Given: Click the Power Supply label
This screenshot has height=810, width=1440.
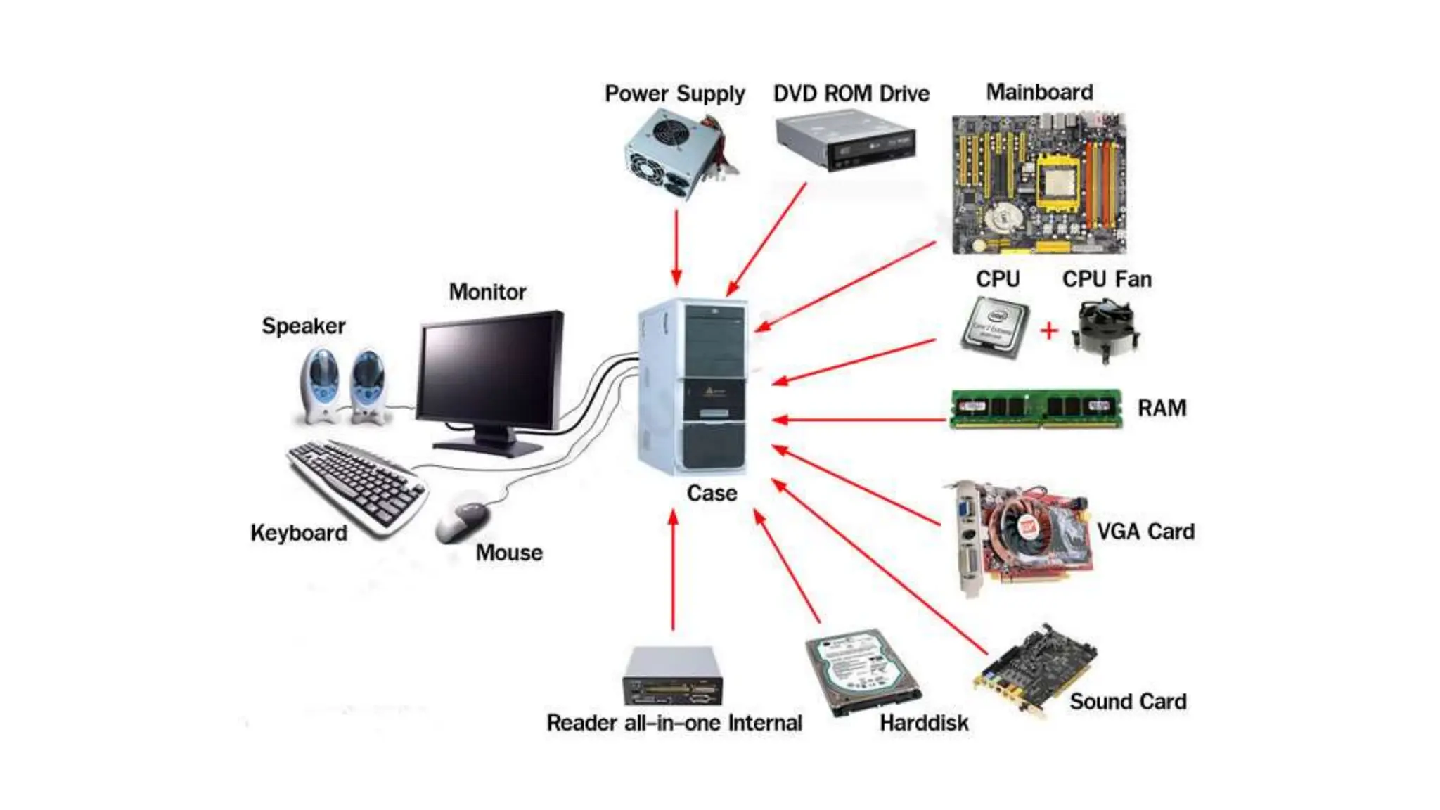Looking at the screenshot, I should (x=674, y=94).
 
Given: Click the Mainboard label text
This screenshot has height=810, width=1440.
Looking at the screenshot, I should (x=1039, y=92).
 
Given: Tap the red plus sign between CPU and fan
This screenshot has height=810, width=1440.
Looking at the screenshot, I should (x=1049, y=330).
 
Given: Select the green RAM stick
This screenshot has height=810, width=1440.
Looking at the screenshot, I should (x=1036, y=409).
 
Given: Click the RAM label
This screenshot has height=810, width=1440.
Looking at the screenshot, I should (x=1162, y=408).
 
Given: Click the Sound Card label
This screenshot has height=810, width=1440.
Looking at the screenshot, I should (x=1128, y=701).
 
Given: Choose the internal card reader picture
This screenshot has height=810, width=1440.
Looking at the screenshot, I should (x=672, y=676).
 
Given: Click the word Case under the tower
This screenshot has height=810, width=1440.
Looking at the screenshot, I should (x=712, y=493).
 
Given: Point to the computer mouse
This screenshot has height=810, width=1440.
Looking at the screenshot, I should (x=462, y=521).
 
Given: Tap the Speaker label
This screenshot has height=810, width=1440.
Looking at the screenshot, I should (x=303, y=326).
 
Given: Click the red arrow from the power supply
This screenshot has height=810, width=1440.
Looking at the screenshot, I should (x=676, y=246).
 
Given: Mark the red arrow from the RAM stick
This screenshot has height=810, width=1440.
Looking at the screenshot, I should (x=858, y=420).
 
